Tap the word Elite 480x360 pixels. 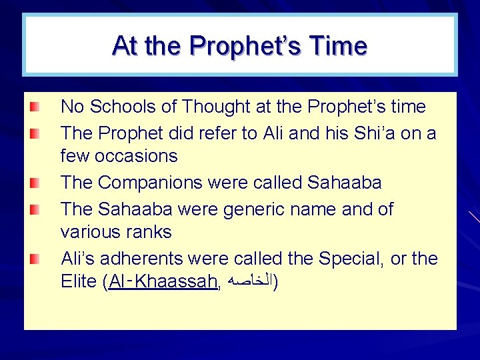pos(79,282)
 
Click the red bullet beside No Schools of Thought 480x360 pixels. pos(35,107)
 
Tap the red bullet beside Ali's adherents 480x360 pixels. pos(35,258)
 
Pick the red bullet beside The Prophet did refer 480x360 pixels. pos(35,133)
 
